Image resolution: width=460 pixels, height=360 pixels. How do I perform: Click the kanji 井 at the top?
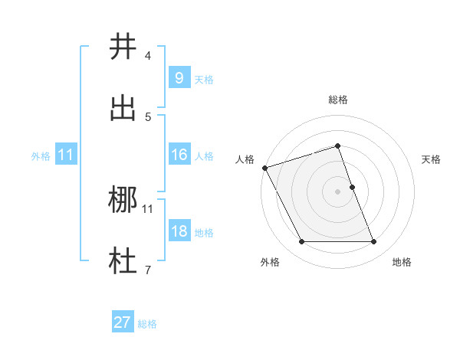tap(123, 47)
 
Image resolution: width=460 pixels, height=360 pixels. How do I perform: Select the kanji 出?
tap(123, 108)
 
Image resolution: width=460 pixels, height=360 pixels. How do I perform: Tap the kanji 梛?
tap(123, 201)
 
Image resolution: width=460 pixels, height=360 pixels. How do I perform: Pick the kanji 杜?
tap(123, 261)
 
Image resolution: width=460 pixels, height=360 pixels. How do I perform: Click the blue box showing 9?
tap(179, 77)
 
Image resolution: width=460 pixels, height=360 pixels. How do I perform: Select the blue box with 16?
tap(179, 155)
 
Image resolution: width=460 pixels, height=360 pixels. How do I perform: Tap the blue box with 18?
tap(179, 231)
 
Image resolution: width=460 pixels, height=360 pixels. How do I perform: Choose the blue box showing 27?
tap(122, 322)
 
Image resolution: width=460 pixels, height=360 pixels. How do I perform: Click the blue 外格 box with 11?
tap(66, 155)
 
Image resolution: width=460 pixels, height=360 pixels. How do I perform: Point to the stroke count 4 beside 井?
tap(148, 56)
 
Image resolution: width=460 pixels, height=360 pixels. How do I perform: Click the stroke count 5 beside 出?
tap(148, 117)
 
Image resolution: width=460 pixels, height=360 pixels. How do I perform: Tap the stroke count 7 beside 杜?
tap(148, 270)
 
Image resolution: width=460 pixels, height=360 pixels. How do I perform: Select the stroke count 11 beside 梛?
tap(148, 208)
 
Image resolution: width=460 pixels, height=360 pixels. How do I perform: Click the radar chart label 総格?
tap(338, 100)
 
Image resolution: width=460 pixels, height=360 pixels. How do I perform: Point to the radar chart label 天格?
tap(431, 159)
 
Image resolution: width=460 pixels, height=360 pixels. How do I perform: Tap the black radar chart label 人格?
tap(245, 159)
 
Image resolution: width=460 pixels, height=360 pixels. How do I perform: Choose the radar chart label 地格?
tap(402, 262)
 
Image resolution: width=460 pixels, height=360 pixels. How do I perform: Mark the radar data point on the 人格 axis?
tap(264, 168)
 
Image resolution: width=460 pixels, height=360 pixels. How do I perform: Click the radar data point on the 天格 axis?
tap(352, 187)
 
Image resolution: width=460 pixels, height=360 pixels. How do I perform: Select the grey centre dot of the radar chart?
tap(338, 191)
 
